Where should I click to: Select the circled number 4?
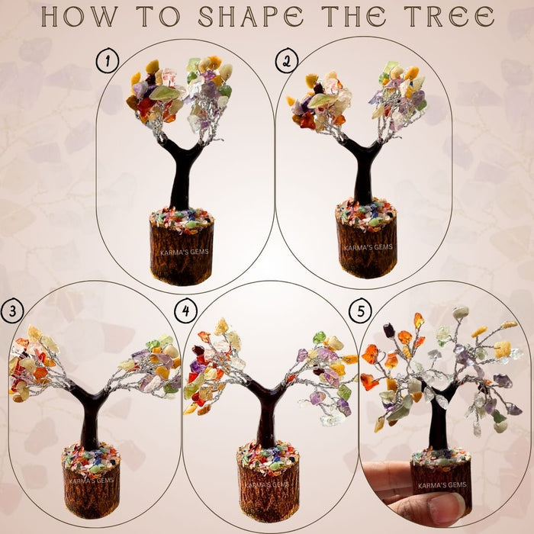pyautogui.click(x=184, y=311)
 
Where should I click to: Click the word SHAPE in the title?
pyautogui.click(x=259, y=16)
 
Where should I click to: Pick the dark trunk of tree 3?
pyautogui.click(x=91, y=423)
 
